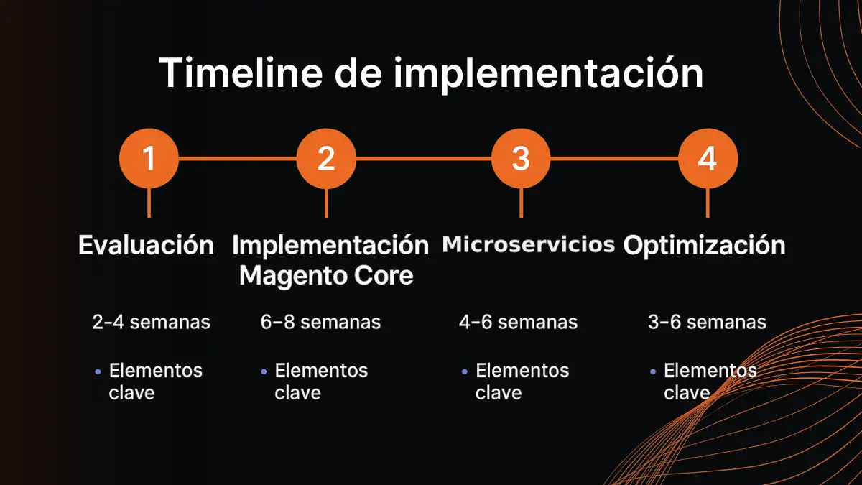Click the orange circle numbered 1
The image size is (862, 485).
[149, 158]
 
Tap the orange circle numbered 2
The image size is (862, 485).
[326, 158]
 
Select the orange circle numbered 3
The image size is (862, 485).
[521, 158]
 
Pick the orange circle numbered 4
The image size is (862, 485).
[708, 158]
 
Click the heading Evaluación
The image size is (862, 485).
[146, 246]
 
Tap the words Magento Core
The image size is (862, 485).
[326, 275]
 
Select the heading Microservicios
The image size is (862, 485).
[528, 244]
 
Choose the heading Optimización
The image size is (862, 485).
[704, 246]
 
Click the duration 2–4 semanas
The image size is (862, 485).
[151, 322]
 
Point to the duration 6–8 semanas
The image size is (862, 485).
[320, 322]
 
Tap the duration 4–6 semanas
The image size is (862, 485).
[518, 322]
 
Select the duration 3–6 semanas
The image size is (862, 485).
[707, 322]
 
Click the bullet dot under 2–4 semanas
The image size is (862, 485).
[98, 371]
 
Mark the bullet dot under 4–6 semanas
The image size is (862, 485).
[464, 371]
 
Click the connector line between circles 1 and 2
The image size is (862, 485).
[237, 158]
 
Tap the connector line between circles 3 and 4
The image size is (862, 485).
[614, 158]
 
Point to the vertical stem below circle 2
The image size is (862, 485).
[326, 203]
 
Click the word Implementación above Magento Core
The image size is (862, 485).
[330, 246]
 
